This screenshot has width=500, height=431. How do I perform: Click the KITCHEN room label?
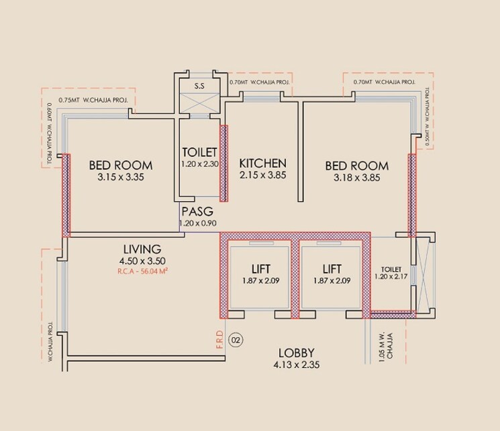[263, 163]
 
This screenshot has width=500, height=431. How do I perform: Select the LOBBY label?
[297, 353]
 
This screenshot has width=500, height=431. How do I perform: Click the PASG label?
[197, 211]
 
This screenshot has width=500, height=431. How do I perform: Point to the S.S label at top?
[199, 86]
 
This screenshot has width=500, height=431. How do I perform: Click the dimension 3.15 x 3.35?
[121, 178]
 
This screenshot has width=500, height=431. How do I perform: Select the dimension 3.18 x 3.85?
[356, 178]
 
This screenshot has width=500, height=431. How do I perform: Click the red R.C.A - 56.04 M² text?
[142, 273]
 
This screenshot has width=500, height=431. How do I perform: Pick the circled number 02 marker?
[235, 340]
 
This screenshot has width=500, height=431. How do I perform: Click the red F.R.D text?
[219, 342]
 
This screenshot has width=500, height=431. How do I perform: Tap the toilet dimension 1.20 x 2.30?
[199, 164]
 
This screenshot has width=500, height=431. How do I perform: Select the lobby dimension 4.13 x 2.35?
[297, 366]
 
